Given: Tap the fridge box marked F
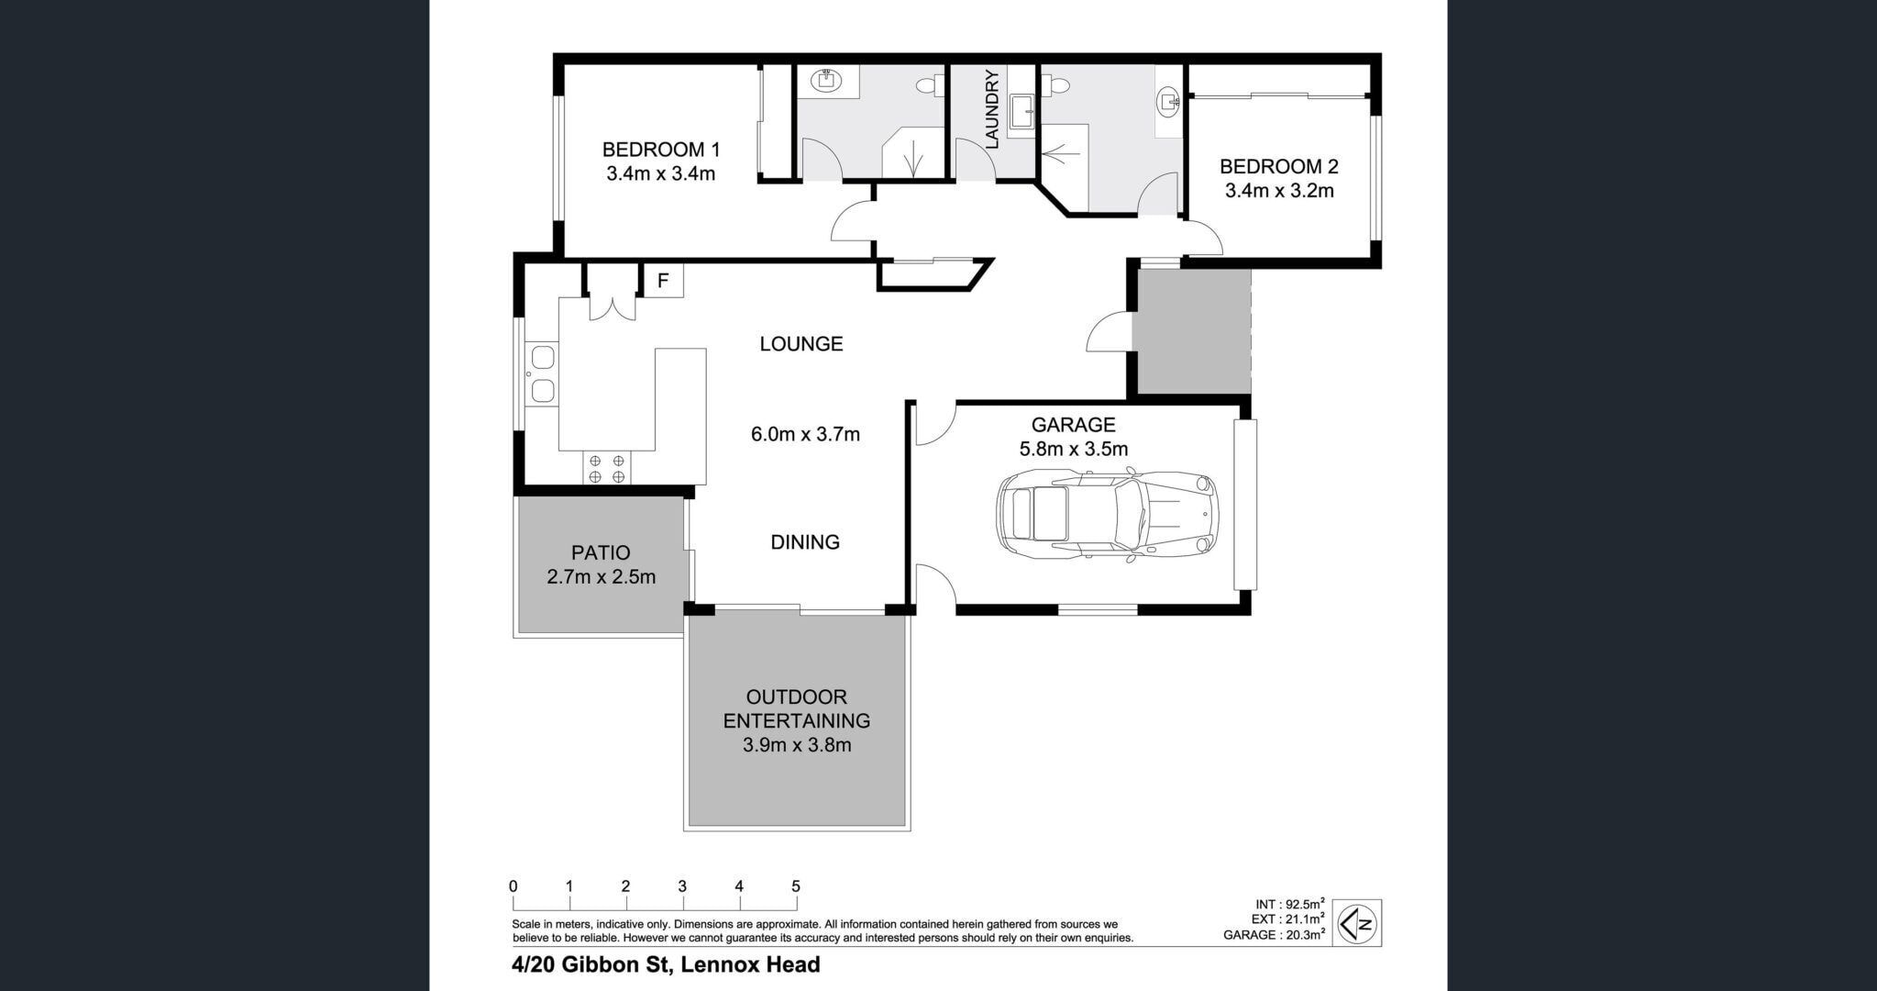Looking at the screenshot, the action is tap(664, 281).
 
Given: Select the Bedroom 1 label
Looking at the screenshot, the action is tap(660, 150).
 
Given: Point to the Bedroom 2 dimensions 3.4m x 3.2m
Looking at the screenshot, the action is tap(1279, 191).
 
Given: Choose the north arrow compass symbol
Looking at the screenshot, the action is tap(1357, 922).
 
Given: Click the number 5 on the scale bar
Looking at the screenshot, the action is tap(796, 886).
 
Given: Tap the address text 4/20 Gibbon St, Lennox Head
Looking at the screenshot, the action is tap(666, 964).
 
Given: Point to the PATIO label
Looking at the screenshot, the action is tap(601, 552).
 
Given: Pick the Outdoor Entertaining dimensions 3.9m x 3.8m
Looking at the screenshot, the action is tap(797, 745).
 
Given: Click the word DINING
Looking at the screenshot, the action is tap(805, 542).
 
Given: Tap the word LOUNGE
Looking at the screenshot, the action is tap(801, 344).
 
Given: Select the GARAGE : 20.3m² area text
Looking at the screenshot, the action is tap(1274, 935).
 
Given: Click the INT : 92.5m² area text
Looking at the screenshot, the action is tap(1290, 904).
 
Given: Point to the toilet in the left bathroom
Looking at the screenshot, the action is tap(927, 85).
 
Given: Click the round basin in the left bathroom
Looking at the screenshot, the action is tap(827, 81).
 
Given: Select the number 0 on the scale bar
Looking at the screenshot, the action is tap(513, 886).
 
